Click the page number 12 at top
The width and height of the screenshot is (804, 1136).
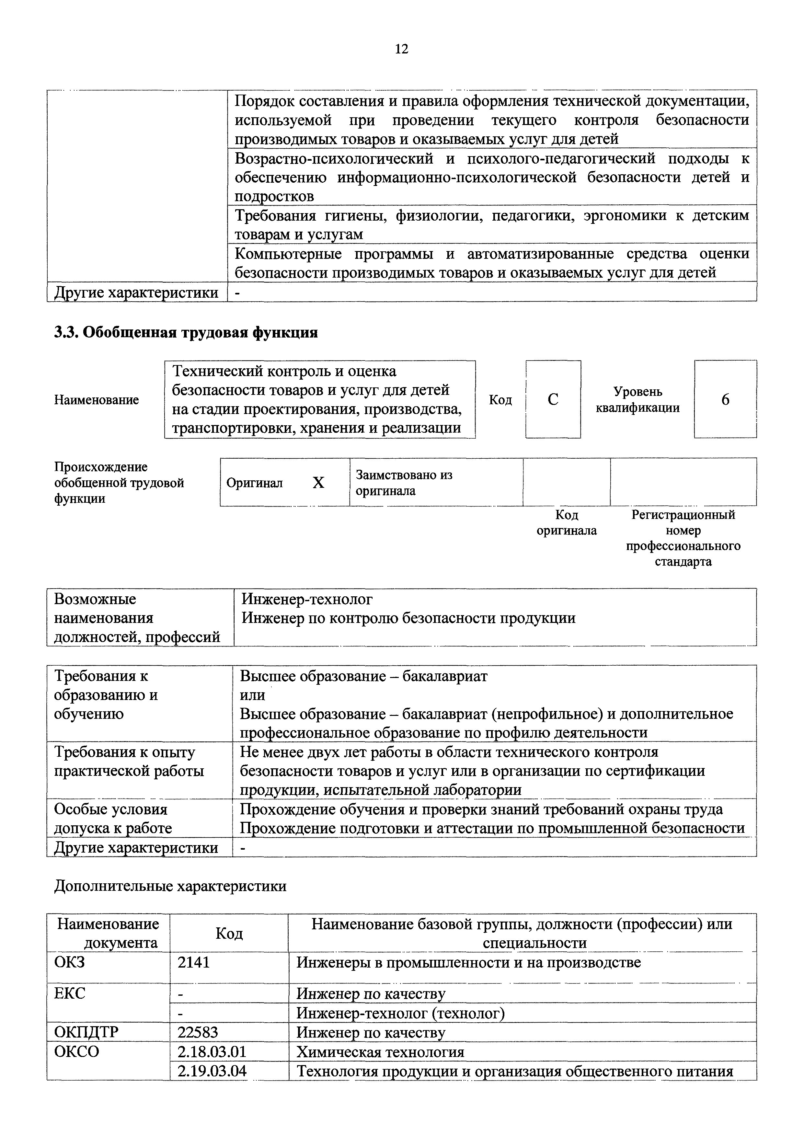(401, 49)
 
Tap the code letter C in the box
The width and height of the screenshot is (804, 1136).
(553, 399)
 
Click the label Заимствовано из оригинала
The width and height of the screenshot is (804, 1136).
(404, 483)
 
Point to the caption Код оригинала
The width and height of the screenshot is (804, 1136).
(567, 523)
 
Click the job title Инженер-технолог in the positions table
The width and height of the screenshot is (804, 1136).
(307, 600)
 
